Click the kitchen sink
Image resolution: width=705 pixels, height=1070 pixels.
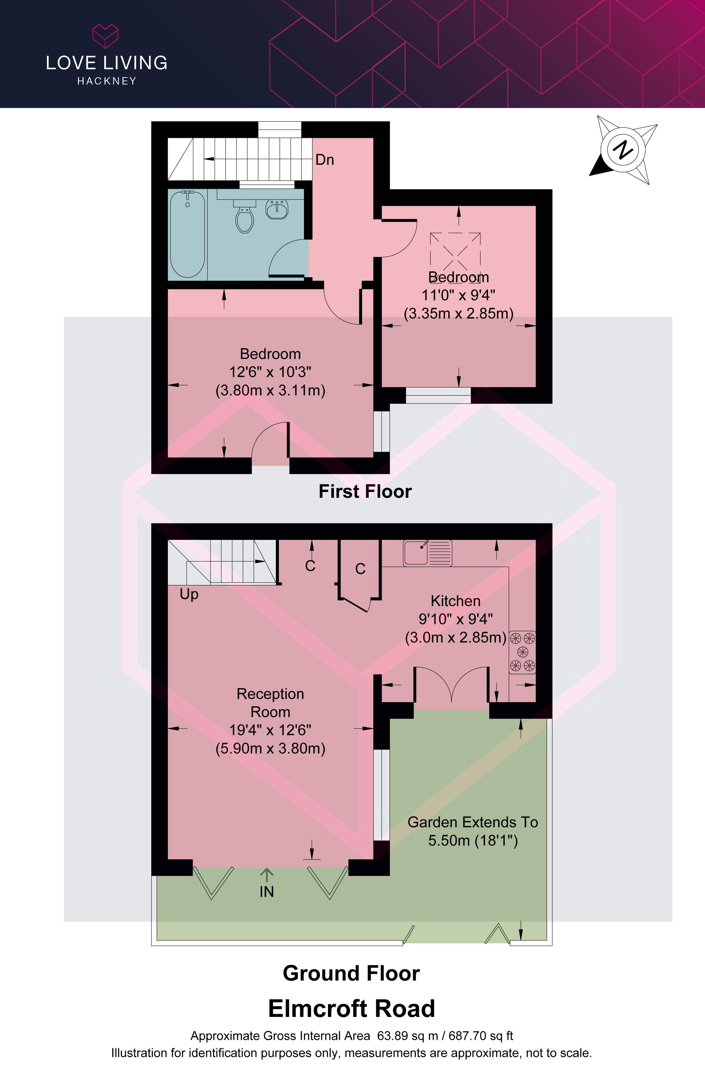[x=427, y=553]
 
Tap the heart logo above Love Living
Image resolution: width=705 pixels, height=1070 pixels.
[x=105, y=36]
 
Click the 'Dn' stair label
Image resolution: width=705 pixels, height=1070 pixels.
[x=325, y=160]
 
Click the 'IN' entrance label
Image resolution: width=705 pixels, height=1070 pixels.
[x=267, y=891]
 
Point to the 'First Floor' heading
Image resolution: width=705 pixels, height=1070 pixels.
[x=365, y=491]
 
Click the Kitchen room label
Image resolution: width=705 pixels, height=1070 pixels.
[x=455, y=601]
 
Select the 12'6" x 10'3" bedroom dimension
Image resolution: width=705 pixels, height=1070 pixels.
[x=270, y=372]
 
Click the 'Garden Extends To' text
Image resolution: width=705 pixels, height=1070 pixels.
[x=472, y=822]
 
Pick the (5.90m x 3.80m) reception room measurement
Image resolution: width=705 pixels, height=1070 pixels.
[x=270, y=748]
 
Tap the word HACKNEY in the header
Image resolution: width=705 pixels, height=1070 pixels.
[x=107, y=81]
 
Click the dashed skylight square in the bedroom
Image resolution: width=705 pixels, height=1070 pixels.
[x=455, y=256]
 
